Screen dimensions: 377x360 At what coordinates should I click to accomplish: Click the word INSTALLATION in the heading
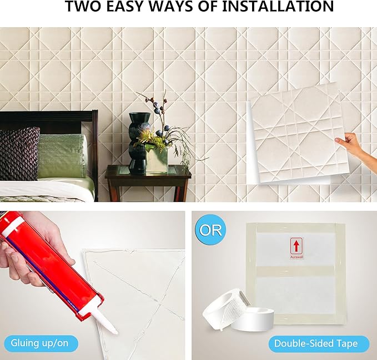278,6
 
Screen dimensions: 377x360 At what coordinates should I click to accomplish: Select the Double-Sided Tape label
316,344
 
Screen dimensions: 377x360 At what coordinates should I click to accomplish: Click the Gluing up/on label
39,343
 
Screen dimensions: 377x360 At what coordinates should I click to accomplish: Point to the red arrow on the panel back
296,246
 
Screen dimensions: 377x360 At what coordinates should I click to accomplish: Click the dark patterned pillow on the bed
19,154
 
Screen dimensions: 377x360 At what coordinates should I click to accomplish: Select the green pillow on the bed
61,155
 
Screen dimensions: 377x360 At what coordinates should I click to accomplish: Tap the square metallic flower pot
156,160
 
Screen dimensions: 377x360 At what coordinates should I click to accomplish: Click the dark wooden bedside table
148,182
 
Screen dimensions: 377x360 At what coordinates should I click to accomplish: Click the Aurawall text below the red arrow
296,257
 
